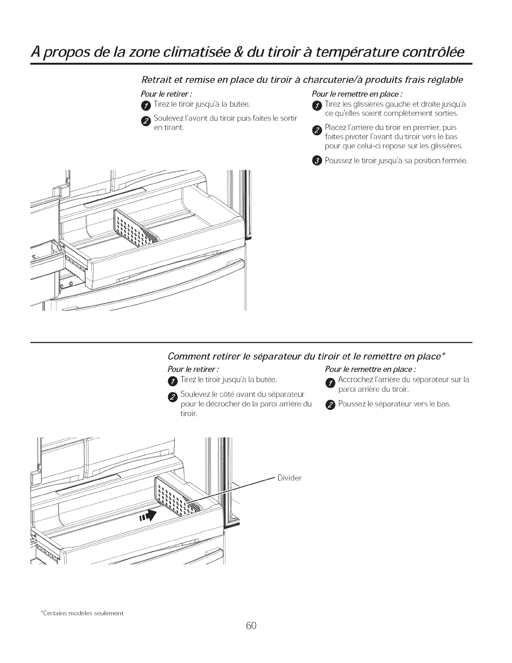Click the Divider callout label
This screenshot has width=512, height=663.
290,478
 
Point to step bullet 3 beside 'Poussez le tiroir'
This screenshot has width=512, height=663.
317,161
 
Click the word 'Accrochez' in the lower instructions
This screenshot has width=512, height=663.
355,380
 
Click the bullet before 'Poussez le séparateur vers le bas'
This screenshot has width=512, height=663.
331,405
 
